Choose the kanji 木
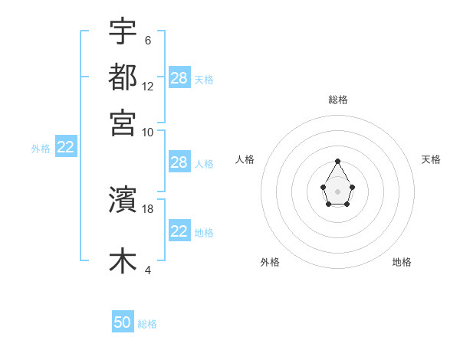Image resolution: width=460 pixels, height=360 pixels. [123, 260]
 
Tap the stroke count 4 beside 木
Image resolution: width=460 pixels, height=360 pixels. [147, 270]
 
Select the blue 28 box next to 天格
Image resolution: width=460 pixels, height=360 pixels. [179, 78]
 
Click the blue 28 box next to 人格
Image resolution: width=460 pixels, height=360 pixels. [179, 162]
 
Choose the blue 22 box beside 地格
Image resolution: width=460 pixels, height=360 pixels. [179, 231]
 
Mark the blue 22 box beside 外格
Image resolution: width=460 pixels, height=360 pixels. [65, 148]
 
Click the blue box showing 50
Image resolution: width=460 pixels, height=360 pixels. [123, 322]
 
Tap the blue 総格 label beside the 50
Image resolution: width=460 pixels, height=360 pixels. [147, 324]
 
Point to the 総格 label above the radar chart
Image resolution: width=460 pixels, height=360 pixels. [337, 100]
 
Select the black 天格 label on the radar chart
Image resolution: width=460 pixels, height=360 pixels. [431, 159]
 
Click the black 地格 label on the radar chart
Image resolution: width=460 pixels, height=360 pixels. [402, 263]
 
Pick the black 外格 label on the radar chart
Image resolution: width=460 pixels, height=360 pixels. [270, 263]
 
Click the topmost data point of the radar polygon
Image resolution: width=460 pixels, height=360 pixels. [337, 162]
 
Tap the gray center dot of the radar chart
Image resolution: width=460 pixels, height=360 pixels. [337, 191]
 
